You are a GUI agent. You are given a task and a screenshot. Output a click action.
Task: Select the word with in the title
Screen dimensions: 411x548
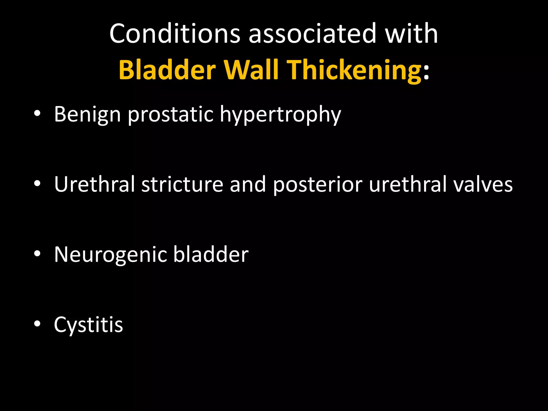click(411, 34)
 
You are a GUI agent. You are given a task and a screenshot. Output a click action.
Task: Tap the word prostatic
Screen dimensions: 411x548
click(170, 115)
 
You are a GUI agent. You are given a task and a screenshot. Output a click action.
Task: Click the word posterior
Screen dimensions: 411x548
click(318, 185)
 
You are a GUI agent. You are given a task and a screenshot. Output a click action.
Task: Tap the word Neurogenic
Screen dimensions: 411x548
click(110, 255)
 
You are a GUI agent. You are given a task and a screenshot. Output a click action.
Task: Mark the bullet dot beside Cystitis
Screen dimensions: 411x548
click(37, 324)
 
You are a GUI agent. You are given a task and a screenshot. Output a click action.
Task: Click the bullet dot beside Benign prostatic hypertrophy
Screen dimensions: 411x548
click(37, 113)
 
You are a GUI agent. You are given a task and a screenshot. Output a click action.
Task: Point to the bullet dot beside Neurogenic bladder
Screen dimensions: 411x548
click(37, 253)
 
